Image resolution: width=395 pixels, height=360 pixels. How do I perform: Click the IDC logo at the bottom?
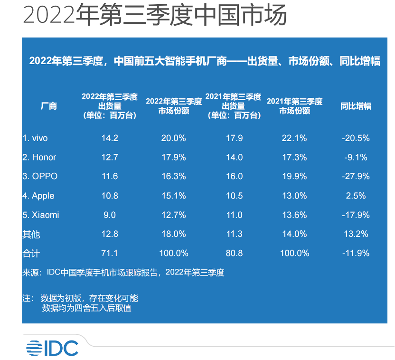click(52, 348)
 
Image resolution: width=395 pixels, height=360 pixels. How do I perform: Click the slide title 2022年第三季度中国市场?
click(155, 16)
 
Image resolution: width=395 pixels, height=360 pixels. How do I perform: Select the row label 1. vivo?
click(35, 138)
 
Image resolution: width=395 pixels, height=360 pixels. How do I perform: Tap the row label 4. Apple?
click(38, 196)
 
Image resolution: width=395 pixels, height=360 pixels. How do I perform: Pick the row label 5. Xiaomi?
click(41, 215)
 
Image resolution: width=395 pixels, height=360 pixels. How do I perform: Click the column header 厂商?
click(49, 106)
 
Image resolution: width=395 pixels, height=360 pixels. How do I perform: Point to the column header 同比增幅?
click(356, 106)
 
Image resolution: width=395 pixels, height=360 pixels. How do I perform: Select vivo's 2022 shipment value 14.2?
click(110, 138)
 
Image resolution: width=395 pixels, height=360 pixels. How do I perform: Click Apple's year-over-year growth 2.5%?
click(356, 196)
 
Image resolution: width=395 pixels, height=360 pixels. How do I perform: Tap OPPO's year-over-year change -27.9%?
click(356, 176)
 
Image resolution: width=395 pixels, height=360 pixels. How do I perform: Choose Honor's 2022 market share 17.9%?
click(173, 157)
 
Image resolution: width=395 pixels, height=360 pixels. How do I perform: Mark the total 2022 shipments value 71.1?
click(110, 253)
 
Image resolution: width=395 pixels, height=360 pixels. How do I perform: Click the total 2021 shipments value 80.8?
click(234, 253)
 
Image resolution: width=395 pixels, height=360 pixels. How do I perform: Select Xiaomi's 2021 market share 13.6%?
click(294, 215)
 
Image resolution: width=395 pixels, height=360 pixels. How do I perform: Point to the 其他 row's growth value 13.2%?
click(356, 234)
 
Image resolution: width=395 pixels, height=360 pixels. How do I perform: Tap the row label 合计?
click(31, 253)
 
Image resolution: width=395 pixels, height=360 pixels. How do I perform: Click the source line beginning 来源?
click(123, 273)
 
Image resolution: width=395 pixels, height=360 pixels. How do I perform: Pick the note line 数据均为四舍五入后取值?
click(87, 309)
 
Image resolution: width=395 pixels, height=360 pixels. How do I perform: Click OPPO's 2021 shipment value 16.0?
click(234, 176)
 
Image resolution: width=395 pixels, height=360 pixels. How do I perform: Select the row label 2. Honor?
click(39, 157)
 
